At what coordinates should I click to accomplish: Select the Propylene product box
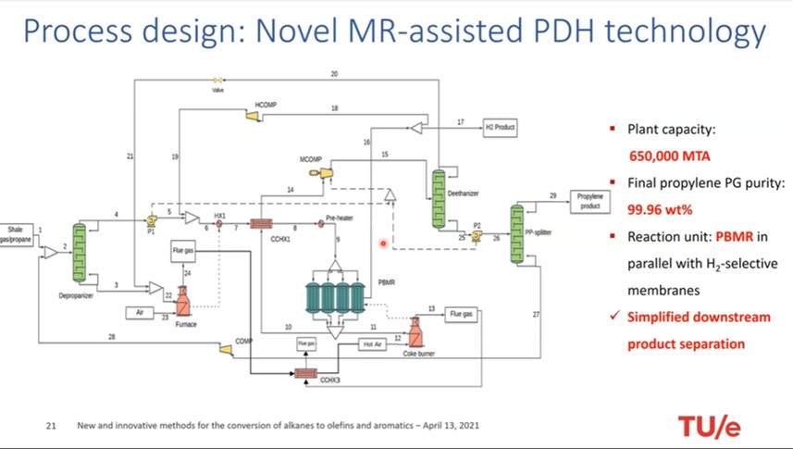pyautogui.click(x=589, y=202)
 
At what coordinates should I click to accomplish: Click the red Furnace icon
pyautogui.click(x=182, y=298)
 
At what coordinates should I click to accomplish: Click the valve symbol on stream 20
pyautogui.click(x=219, y=81)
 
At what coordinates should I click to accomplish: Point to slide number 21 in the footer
pyautogui.click(x=52, y=427)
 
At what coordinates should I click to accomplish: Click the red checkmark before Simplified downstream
pyautogui.click(x=615, y=317)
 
